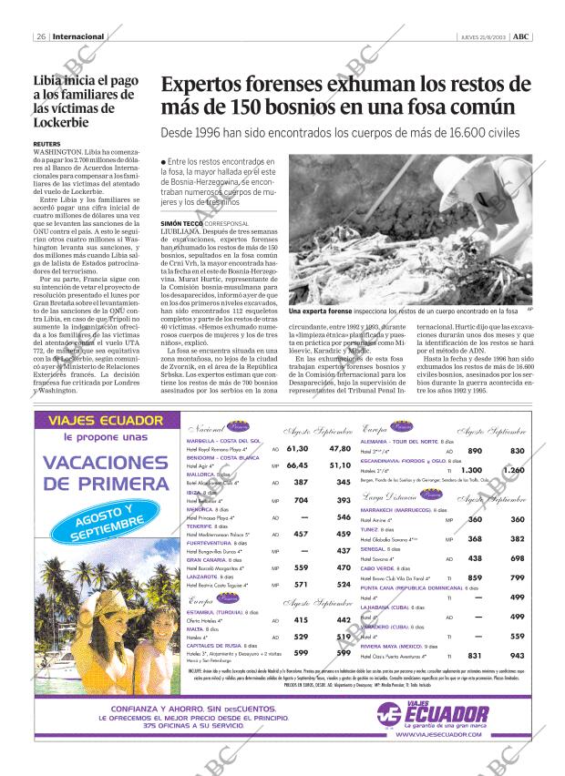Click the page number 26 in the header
(42, 37)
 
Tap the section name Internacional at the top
(77, 37)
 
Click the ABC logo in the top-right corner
(521, 37)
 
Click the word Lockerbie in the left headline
(63, 122)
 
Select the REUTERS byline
(46, 144)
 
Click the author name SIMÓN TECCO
(182, 222)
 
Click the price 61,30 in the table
(297, 448)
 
